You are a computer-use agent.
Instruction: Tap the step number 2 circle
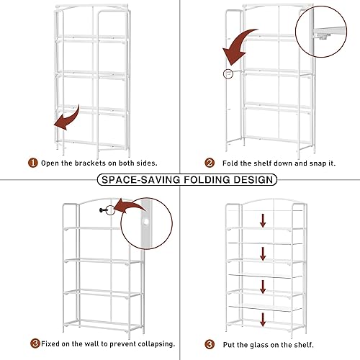click(210, 163)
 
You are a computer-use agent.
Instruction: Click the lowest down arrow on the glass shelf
click(263, 319)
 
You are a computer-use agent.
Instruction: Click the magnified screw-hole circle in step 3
click(148, 230)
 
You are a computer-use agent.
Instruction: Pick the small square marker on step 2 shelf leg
click(228, 73)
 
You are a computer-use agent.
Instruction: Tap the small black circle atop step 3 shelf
click(110, 210)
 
